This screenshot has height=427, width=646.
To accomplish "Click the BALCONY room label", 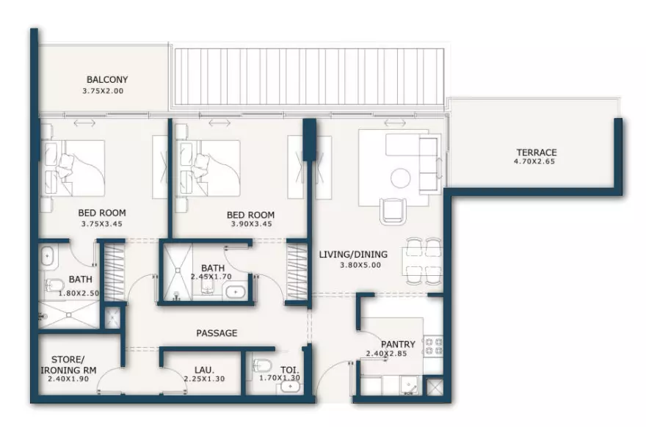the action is click(x=107, y=79).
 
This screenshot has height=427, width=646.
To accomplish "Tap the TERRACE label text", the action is click(x=537, y=153).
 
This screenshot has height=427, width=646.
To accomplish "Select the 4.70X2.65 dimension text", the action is click(x=534, y=161).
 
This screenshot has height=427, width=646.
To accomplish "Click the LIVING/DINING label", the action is click(x=353, y=255).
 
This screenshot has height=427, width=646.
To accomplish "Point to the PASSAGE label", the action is click(x=217, y=333).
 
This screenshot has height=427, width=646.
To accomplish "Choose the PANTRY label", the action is click(x=398, y=344).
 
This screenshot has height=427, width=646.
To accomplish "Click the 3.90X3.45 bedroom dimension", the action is click(x=251, y=224).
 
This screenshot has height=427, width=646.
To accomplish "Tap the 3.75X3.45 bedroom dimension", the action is click(x=102, y=224).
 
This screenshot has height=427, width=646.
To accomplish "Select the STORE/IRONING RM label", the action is click(x=68, y=365).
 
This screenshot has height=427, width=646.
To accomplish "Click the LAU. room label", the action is click(x=204, y=370).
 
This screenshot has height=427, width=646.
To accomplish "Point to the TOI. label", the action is click(x=290, y=370).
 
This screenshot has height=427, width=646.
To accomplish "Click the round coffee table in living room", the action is click(x=401, y=178).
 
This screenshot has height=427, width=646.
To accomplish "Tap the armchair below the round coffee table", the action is click(x=393, y=211).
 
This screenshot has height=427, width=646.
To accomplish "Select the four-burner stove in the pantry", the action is click(x=433, y=346).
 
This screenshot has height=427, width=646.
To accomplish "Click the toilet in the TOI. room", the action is click(x=263, y=365).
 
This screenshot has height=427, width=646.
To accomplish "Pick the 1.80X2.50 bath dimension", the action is click(x=79, y=293).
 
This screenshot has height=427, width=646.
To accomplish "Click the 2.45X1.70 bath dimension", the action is click(x=211, y=277).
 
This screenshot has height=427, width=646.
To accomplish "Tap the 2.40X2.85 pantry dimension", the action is click(x=386, y=354).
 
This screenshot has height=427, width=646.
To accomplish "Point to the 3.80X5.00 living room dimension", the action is click(x=360, y=265).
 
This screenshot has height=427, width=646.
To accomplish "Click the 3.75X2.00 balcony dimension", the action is click(x=103, y=91).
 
